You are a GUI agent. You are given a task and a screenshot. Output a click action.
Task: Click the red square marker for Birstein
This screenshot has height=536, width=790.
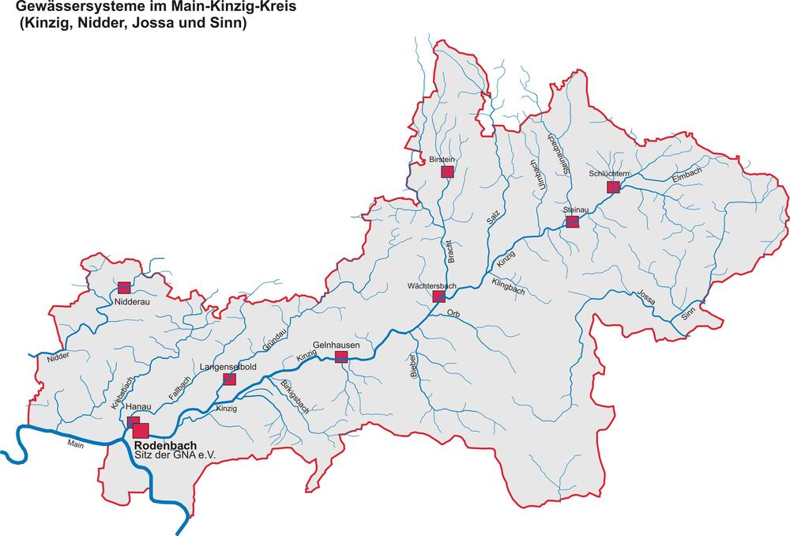(447, 172)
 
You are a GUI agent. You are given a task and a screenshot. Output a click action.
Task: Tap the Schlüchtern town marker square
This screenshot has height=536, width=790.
(612, 187)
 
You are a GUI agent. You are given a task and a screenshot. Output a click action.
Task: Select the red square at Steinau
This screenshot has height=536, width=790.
(573, 222)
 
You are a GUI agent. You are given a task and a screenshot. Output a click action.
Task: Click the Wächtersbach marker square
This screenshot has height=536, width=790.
(439, 296)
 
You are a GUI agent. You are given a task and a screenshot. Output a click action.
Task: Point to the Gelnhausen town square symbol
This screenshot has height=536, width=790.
(341, 357)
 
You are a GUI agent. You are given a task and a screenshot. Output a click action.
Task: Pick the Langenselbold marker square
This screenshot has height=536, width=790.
(229, 379)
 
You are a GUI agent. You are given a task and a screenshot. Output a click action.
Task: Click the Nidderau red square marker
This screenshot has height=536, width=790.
(123, 289)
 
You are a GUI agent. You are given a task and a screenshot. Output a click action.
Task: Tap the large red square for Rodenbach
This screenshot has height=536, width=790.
(141, 431)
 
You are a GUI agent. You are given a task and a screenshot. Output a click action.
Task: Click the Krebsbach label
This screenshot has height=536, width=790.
(124, 391)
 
